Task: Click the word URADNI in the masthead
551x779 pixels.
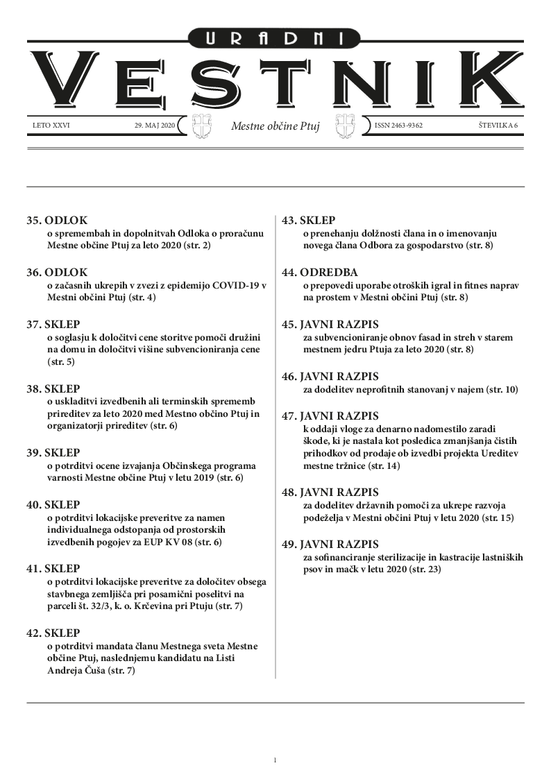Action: [275, 40]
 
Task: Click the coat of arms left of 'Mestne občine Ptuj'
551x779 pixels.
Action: [200, 127]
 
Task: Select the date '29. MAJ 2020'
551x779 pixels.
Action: [155, 126]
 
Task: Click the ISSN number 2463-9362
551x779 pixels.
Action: [398, 126]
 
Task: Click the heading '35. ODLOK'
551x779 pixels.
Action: [57, 221]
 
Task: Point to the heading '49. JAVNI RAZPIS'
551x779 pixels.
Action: [330, 544]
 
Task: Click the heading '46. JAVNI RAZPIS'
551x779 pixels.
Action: [330, 376]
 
